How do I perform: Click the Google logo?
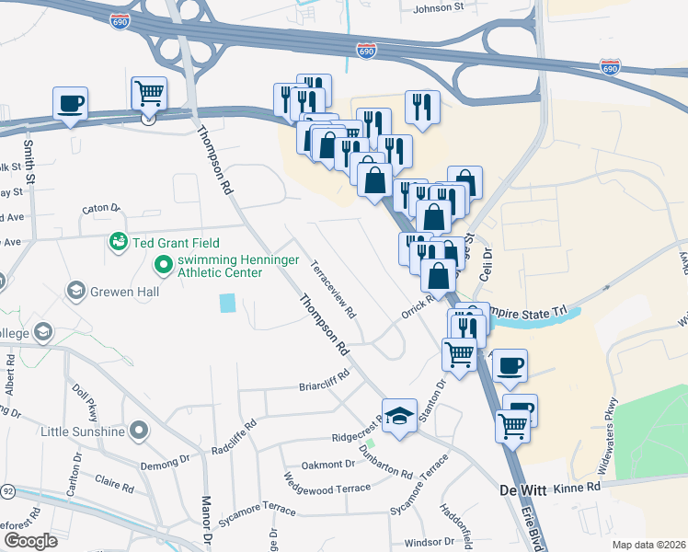tap(29, 541)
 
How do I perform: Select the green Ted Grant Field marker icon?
tap(118, 242)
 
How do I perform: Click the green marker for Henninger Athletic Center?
tap(164, 266)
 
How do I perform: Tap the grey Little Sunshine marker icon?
tap(139, 431)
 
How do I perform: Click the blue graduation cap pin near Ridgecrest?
tap(400, 415)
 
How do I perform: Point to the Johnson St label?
tap(439, 8)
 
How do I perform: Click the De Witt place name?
tap(523, 489)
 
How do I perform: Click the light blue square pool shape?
tap(227, 303)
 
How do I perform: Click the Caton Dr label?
tap(101, 209)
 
